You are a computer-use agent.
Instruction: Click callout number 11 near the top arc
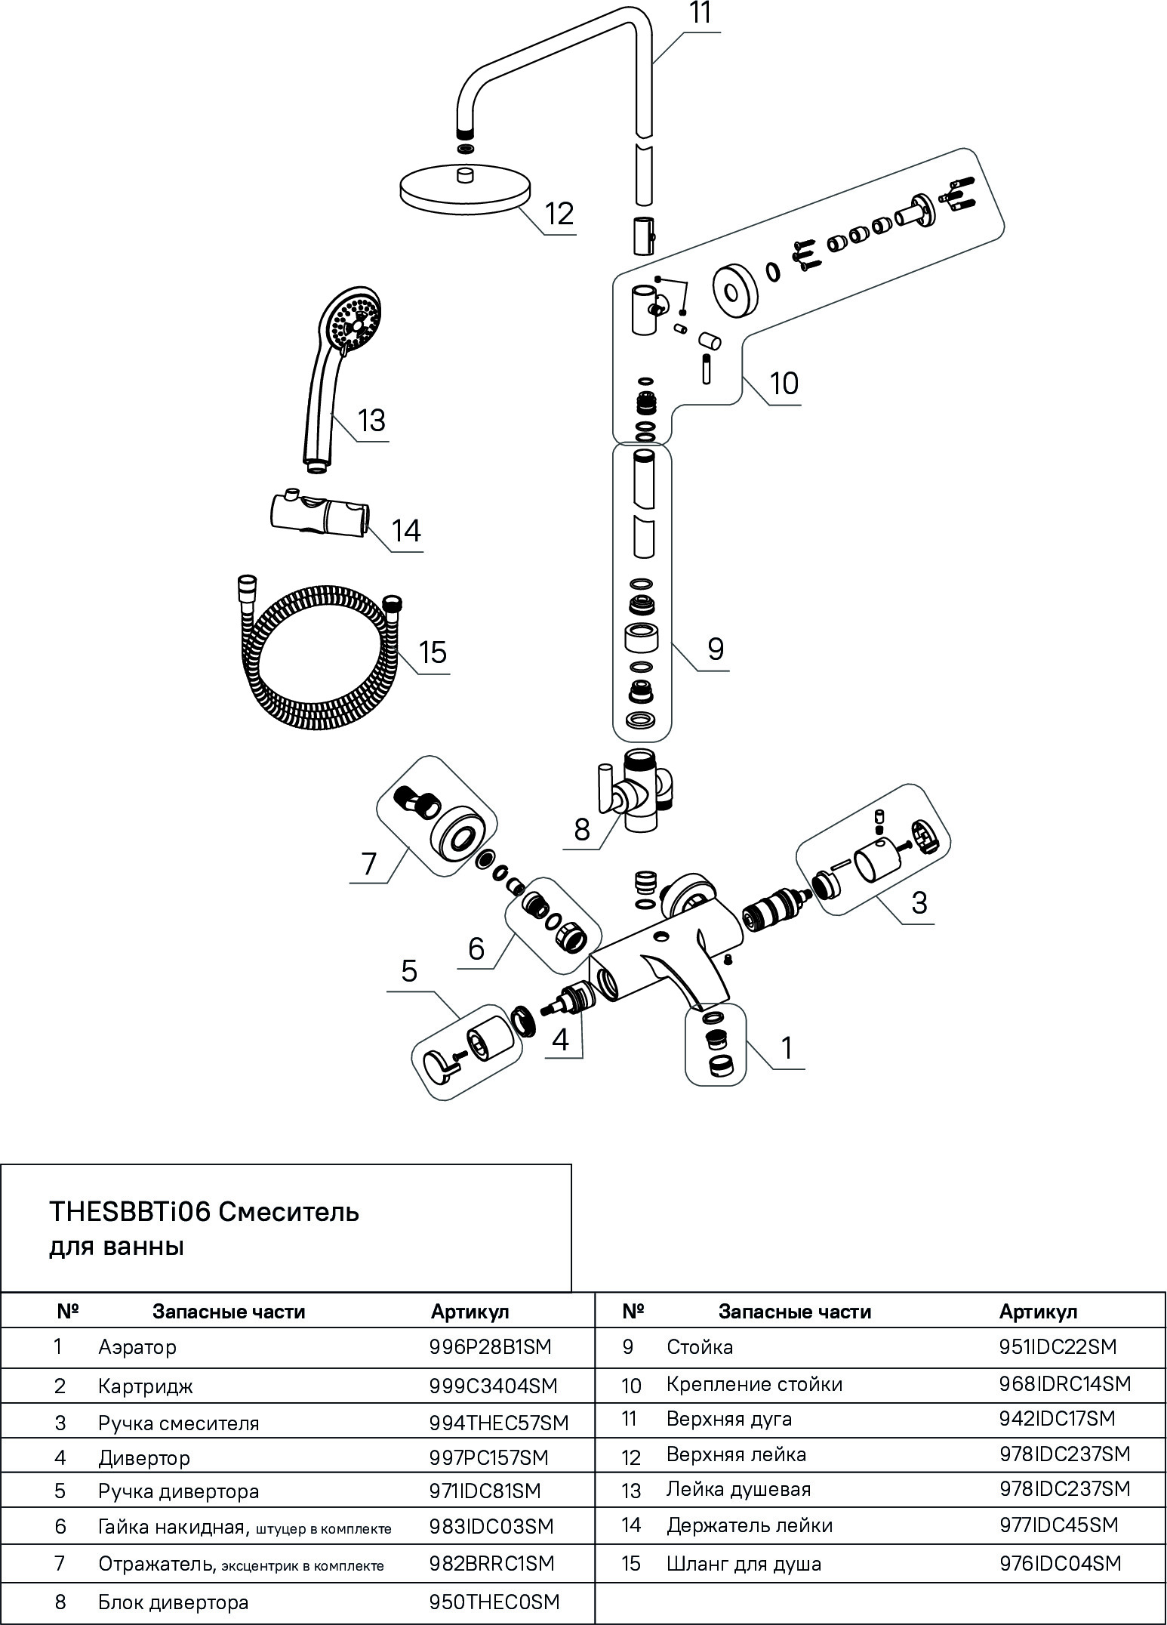[x=701, y=15]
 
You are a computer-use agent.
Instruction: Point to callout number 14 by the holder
[x=406, y=530]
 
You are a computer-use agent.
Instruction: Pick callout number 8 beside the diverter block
[x=581, y=829]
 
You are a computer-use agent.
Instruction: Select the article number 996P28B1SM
[x=490, y=1346]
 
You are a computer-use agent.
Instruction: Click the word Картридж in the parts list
[x=145, y=1386]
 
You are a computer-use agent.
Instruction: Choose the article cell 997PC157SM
[x=488, y=1457]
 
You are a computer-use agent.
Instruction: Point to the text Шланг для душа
[x=744, y=1563]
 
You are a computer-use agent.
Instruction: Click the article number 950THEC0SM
[x=494, y=1602]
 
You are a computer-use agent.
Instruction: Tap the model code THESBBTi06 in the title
[x=131, y=1211]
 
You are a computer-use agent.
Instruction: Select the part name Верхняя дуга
[x=728, y=1419]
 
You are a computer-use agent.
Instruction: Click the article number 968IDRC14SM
[x=1064, y=1384]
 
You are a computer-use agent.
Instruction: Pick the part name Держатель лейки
[x=749, y=1525]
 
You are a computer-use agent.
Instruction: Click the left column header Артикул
[x=470, y=1312]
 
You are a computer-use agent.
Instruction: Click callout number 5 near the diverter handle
[x=408, y=970]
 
